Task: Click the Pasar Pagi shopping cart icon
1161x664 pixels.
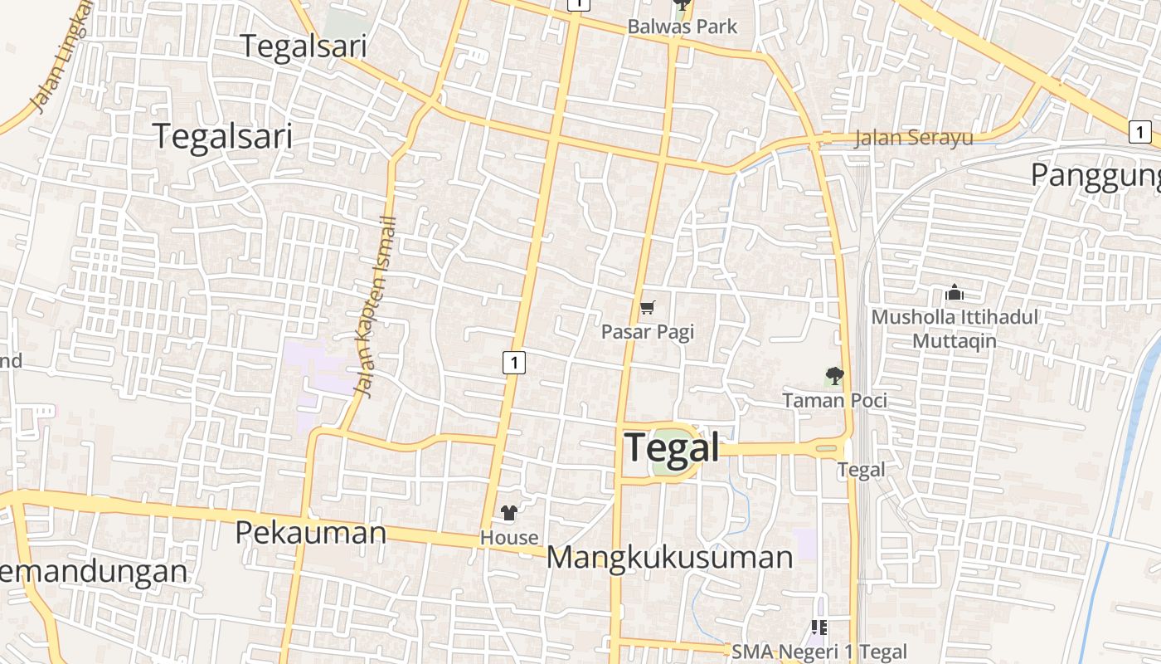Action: pos(648,308)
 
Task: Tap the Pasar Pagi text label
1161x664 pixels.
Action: pos(647,332)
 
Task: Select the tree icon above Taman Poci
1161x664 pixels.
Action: pos(834,377)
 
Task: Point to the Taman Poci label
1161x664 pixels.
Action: pos(834,400)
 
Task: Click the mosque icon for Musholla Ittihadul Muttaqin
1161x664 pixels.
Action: pos(955,293)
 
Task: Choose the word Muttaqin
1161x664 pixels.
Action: pos(955,341)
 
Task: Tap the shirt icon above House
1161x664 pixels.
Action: pos(509,514)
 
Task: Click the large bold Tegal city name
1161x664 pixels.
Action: pos(672,448)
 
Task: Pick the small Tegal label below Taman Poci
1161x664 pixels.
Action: pos(861,470)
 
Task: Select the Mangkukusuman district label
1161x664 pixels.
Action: pos(669,558)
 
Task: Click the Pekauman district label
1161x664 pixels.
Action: pos(311,532)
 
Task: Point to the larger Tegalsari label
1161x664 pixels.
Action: pos(224,136)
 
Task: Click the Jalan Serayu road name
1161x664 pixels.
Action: pos(913,138)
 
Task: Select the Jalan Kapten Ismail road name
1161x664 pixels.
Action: pos(376,307)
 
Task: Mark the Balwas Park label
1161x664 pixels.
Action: pos(682,27)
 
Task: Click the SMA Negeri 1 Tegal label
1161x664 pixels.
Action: pos(819,652)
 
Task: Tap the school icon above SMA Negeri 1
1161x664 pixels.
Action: pos(819,627)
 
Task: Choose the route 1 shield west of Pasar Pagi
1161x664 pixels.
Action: pos(514,362)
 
